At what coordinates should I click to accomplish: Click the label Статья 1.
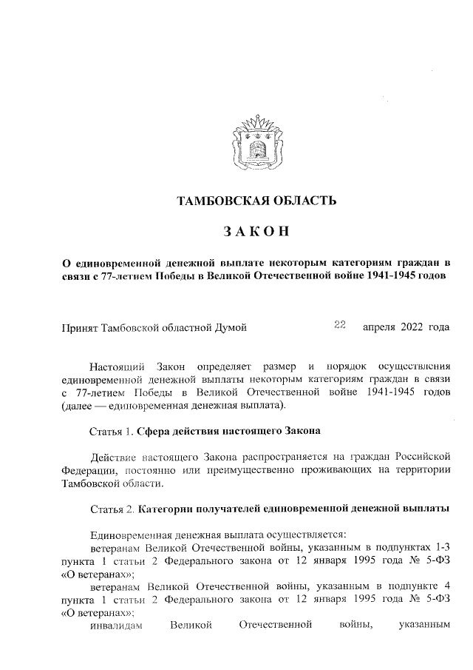[x=111, y=431]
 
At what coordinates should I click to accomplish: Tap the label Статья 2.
[x=111, y=509]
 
